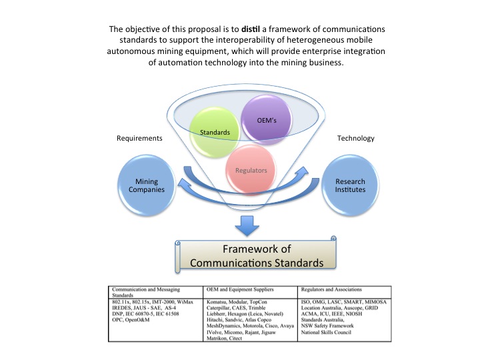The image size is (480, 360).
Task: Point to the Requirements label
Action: click(x=140, y=138)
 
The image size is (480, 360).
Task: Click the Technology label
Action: click(x=356, y=138)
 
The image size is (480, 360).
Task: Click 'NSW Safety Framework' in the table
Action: click(x=327, y=327)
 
